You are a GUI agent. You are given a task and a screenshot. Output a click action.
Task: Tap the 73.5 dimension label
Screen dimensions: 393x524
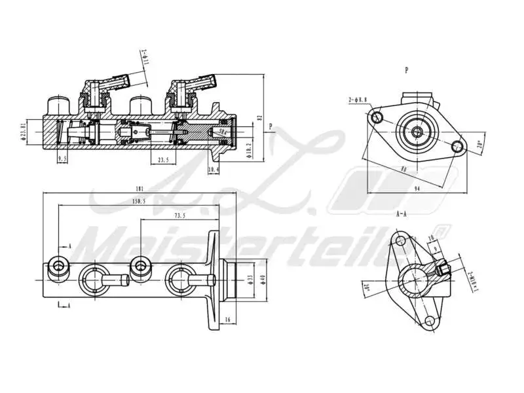click(179, 215)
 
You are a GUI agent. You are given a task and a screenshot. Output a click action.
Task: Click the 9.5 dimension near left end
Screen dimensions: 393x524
click(63, 159)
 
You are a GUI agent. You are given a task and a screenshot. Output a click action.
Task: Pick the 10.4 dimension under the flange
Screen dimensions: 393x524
click(213, 170)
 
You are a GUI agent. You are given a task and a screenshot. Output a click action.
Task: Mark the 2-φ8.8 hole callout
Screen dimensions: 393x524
click(358, 100)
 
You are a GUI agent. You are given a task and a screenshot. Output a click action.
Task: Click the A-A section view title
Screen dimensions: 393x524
click(402, 214)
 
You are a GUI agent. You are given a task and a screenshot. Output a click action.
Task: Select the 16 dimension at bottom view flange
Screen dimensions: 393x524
click(226, 319)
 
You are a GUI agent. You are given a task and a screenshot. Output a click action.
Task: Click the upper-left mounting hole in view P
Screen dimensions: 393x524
click(376, 117)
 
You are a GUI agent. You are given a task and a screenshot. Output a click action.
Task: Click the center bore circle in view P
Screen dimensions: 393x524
click(417, 132)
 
